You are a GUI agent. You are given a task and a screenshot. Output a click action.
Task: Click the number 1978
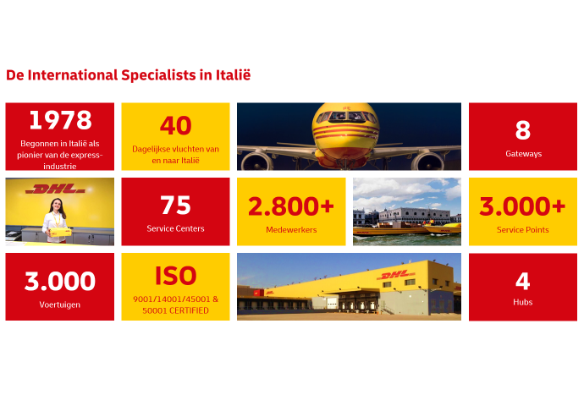59,120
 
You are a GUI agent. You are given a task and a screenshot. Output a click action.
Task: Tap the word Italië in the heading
232,75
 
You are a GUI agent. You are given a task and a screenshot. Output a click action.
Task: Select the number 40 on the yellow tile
175,126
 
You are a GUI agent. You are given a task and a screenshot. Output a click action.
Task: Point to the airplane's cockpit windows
350,116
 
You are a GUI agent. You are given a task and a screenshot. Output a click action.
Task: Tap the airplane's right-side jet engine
429,160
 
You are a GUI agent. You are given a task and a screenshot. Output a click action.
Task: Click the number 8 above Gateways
523,129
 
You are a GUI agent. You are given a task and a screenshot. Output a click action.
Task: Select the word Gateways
523,154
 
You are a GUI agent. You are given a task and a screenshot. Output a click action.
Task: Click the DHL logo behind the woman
55,190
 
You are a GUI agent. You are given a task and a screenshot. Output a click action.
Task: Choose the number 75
175,206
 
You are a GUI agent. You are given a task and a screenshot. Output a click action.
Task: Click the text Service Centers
175,228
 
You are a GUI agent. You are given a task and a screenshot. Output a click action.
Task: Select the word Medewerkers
290,229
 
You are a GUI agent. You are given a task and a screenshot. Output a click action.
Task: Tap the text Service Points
522,229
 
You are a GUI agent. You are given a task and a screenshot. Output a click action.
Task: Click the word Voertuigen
59,304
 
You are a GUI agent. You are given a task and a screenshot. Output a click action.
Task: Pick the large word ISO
175,276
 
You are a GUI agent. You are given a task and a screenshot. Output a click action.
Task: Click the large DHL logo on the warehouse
396,276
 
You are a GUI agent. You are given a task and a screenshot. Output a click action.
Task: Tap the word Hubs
522,302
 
